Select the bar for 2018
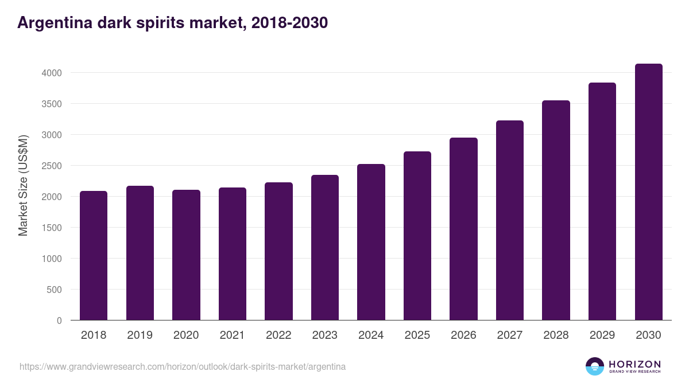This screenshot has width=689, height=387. tap(94, 256)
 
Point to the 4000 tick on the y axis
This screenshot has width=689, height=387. tap(51, 73)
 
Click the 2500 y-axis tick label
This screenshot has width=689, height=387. tap(51, 166)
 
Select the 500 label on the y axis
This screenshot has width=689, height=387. tap(53, 290)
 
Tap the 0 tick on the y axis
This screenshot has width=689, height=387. tap(59, 320)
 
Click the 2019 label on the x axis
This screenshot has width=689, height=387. tap(140, 335)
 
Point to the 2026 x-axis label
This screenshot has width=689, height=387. tap(463, 335)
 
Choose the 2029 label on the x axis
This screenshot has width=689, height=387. tap(602, 335)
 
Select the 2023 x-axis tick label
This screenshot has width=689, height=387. tap(324, 335)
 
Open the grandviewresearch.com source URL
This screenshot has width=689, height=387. tap(183, 366)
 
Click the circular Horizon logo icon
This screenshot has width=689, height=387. tap(594, 366)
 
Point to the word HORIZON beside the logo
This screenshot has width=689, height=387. tap(634, 363)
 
